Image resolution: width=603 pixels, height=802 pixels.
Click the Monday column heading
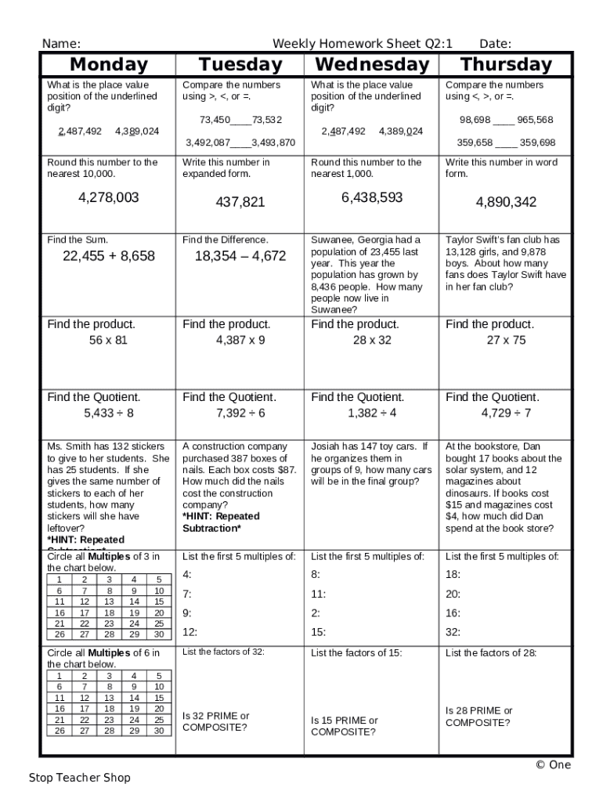[109, 64]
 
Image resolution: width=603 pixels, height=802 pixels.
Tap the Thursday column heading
[506, 64]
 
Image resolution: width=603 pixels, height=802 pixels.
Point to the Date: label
[495, 44]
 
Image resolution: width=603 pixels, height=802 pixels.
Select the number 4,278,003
[109, 197]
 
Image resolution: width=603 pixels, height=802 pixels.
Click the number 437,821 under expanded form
[240, 202]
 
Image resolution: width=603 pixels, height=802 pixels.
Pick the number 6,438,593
[372, 197]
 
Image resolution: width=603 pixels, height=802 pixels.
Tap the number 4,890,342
[506, 202]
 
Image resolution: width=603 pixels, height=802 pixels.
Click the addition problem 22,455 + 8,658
[109, 255]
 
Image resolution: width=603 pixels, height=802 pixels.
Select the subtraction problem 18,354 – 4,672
[240, 255]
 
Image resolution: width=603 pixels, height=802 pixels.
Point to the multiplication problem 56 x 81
[109, 340]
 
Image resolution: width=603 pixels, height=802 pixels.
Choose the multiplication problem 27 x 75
[506, 340]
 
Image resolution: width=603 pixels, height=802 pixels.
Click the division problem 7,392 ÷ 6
[240, 413]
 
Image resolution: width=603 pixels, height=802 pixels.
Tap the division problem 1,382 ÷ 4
[372, 413]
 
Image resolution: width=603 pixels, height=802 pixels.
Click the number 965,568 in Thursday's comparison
[535, 120]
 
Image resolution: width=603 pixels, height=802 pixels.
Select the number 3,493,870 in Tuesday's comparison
[273, 143]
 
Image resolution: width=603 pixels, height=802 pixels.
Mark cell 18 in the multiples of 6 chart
[109, 709]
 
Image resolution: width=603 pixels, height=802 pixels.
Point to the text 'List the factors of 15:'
[356, 652]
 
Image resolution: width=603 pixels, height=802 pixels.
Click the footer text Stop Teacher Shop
[80, 778]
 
